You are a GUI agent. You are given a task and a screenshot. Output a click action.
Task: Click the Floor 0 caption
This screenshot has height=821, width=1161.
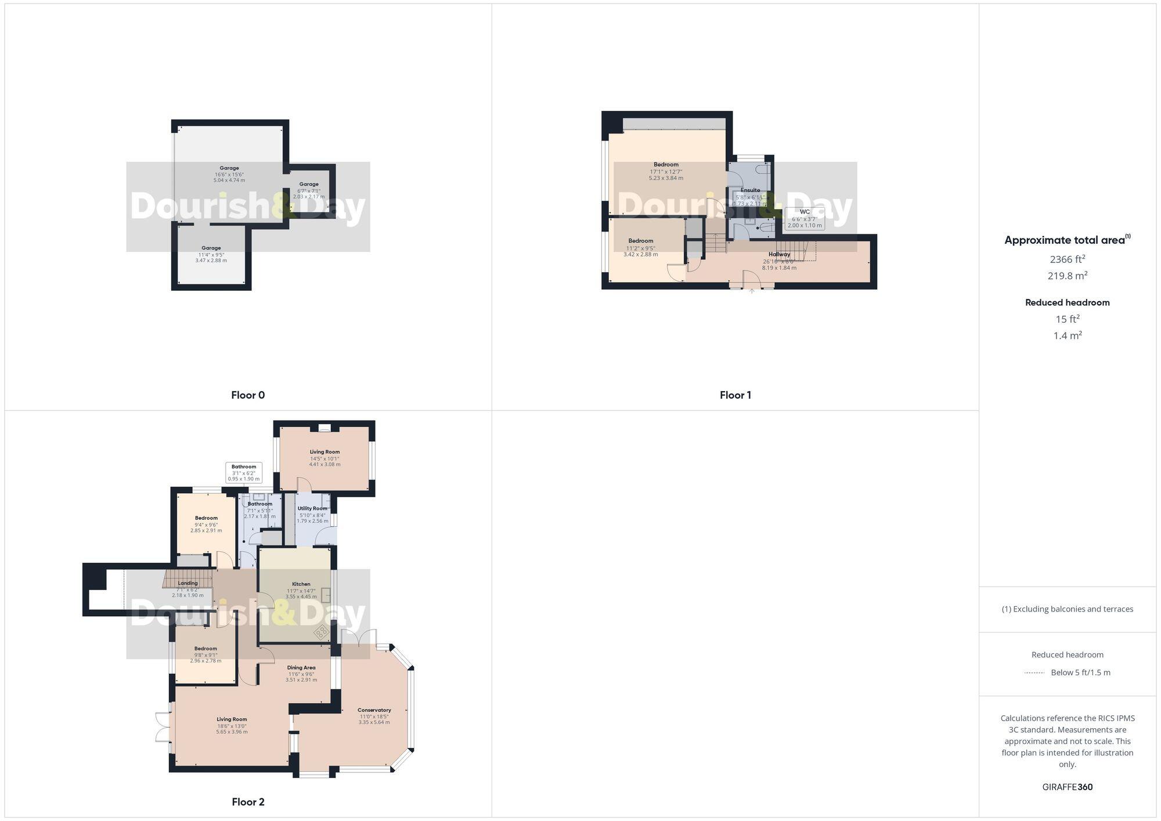pos(248,395)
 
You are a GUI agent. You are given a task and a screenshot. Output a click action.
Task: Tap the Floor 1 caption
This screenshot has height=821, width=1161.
pos(735,395)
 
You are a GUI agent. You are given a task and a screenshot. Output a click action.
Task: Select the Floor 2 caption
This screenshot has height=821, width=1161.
pos(248,802)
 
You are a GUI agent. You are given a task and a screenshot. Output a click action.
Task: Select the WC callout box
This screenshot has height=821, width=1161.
pos(804,219)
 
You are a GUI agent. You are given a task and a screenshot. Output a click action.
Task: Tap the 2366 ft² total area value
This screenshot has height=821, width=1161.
pos(1067,259)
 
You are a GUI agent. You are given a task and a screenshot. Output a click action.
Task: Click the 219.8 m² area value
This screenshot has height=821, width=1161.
pos(1067,276)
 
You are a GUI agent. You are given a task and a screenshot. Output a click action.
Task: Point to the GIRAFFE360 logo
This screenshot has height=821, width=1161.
pos(1067,787)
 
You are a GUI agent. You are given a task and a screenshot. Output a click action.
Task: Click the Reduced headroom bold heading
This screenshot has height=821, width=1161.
pos(1067,302)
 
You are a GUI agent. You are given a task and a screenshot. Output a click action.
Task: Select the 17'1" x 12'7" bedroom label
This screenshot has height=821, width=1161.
pos(666,171)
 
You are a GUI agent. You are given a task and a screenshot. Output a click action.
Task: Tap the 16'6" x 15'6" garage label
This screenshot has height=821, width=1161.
pos(229,174)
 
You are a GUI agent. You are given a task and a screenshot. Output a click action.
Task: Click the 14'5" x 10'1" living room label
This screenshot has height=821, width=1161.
pos(324,458)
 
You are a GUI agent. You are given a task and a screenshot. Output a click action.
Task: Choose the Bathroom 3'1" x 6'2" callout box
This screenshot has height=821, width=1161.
pos(244,473)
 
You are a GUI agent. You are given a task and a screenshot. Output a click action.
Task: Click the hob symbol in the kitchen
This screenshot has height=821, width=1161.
pos(321,633)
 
